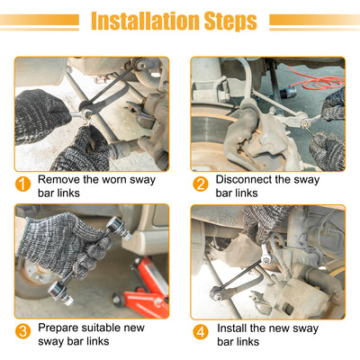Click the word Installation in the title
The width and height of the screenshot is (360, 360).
click(145, 21)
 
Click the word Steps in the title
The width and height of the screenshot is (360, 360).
click(230, 22)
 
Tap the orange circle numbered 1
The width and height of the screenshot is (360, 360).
click(23, 184)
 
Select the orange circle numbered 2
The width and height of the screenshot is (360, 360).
click(201, 184)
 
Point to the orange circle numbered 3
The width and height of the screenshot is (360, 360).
click(23, 331)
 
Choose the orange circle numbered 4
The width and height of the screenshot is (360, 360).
click(201, 332)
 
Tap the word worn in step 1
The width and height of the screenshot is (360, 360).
click(114, 180)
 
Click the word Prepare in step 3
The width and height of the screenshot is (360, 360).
click(58, 328)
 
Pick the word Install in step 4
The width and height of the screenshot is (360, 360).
click(231, 328)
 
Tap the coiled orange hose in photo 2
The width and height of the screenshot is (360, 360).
click(321, 80)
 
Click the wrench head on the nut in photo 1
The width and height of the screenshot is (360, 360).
click(87, 109)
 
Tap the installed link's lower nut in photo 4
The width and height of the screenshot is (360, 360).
click(219, 297)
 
